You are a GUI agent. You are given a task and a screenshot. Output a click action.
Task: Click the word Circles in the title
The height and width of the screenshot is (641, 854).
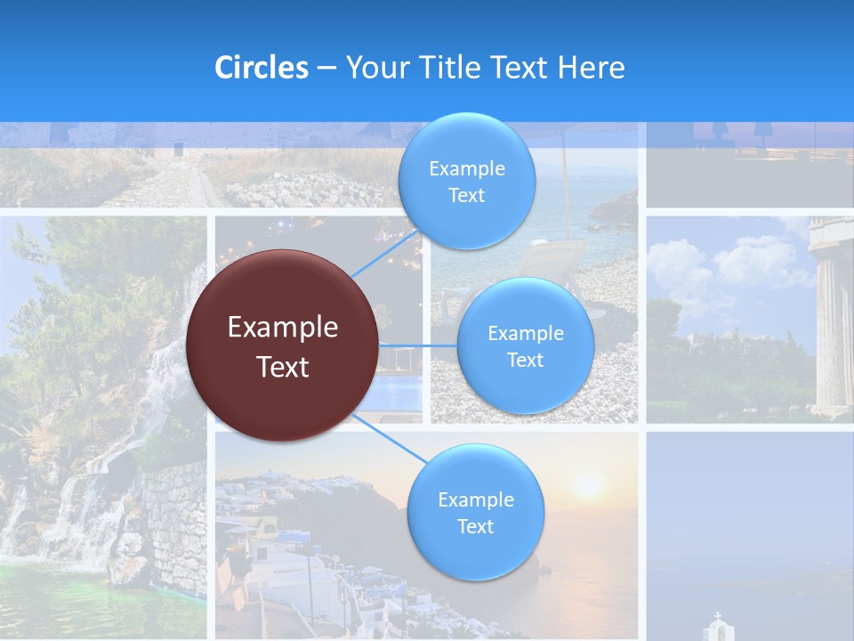tap(261, 68)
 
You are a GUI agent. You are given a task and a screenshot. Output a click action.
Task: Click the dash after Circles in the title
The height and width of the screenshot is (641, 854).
tap(326, 69)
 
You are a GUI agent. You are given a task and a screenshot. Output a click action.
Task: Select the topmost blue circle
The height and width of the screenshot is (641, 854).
tap(466, 181)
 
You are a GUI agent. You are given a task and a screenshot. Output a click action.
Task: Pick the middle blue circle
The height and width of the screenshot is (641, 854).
tap(525, 345)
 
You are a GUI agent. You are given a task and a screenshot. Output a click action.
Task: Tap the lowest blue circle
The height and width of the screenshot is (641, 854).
tap(475, 512)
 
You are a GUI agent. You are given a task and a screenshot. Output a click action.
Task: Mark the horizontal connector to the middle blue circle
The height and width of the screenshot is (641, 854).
tap(418, 345)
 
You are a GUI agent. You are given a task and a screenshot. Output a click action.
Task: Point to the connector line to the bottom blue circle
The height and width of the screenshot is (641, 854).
tap(391, 437)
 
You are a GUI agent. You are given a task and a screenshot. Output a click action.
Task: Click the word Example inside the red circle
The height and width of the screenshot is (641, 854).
tap(282, 328)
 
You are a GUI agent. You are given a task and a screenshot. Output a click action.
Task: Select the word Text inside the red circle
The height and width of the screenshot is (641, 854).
tap(282, 367)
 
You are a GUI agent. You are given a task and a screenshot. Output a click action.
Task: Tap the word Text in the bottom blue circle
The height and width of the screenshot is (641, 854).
tap(475, 526)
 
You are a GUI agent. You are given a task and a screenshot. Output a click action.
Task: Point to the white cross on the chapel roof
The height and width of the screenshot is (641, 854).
tap(717, 616)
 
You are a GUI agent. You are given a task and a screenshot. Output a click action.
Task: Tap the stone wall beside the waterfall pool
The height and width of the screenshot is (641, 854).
tap(173, 525)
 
